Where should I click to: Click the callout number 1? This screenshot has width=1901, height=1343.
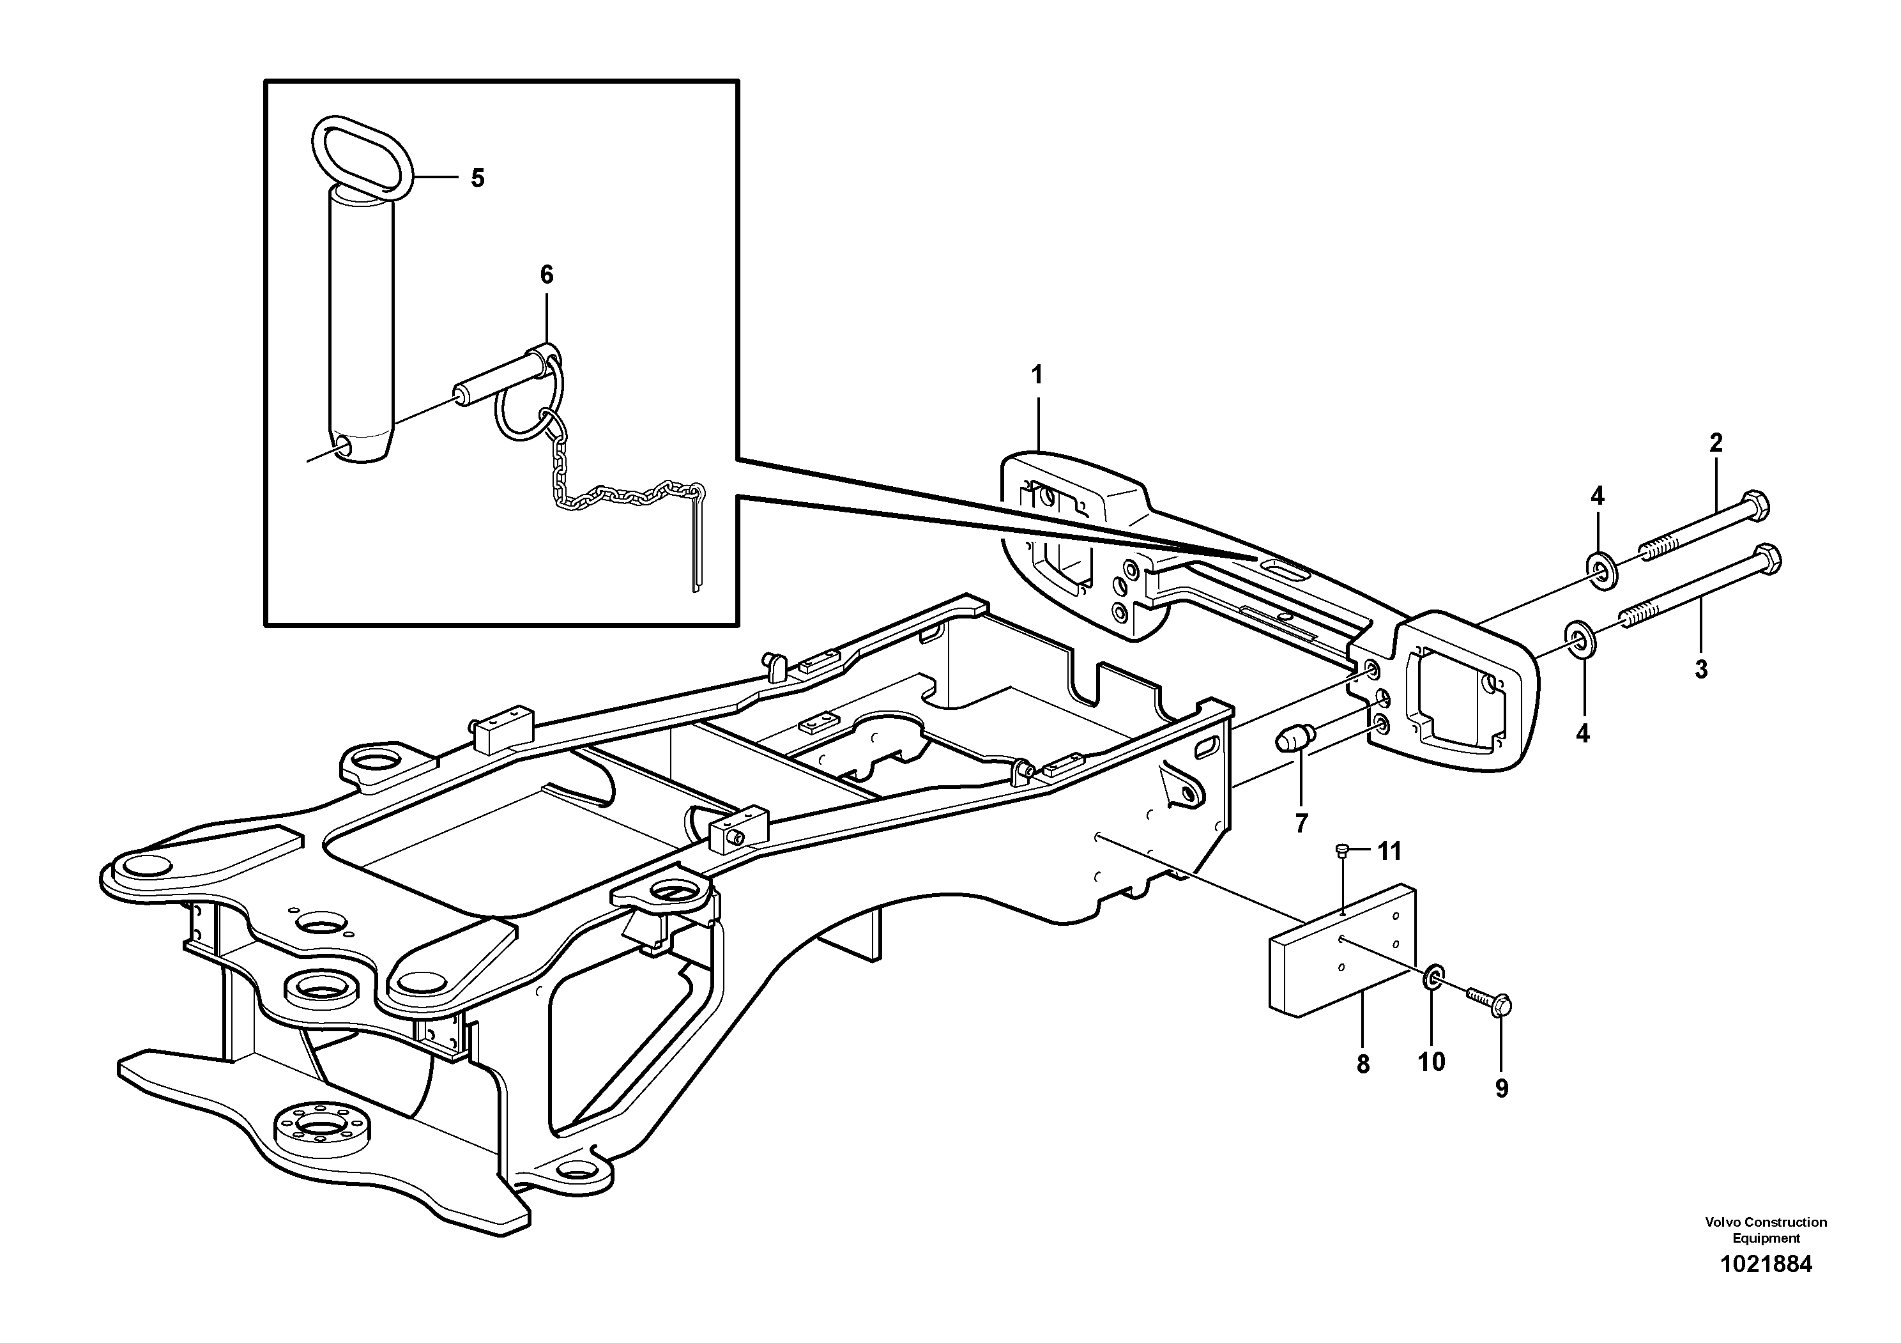click(1037, 375)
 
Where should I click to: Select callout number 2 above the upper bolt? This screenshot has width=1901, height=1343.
click(1716, 443)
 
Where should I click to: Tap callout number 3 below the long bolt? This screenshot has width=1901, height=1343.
click(1700, 669)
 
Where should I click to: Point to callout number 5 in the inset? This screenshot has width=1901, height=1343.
click(478, 178)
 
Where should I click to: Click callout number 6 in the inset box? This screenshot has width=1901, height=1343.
click(546, 275)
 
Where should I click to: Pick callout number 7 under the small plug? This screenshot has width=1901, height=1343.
click(1301, 823)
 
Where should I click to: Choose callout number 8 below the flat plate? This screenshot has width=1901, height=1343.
click(1363, 1064)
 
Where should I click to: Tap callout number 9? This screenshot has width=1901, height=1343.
click(1501, 1089)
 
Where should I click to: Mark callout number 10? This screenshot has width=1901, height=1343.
click(1431, 1061)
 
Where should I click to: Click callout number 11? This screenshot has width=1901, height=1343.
click(1389, 850)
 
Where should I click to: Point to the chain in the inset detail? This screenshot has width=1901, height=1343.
click(613, 495)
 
